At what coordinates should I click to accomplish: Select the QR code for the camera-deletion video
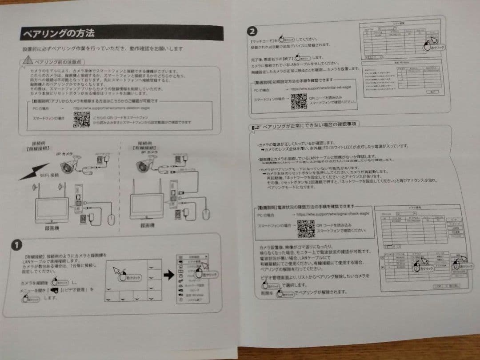82,119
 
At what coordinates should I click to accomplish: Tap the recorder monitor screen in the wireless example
52,206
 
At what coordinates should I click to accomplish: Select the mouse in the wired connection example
206,212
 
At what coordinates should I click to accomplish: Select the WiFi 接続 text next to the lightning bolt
49,175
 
